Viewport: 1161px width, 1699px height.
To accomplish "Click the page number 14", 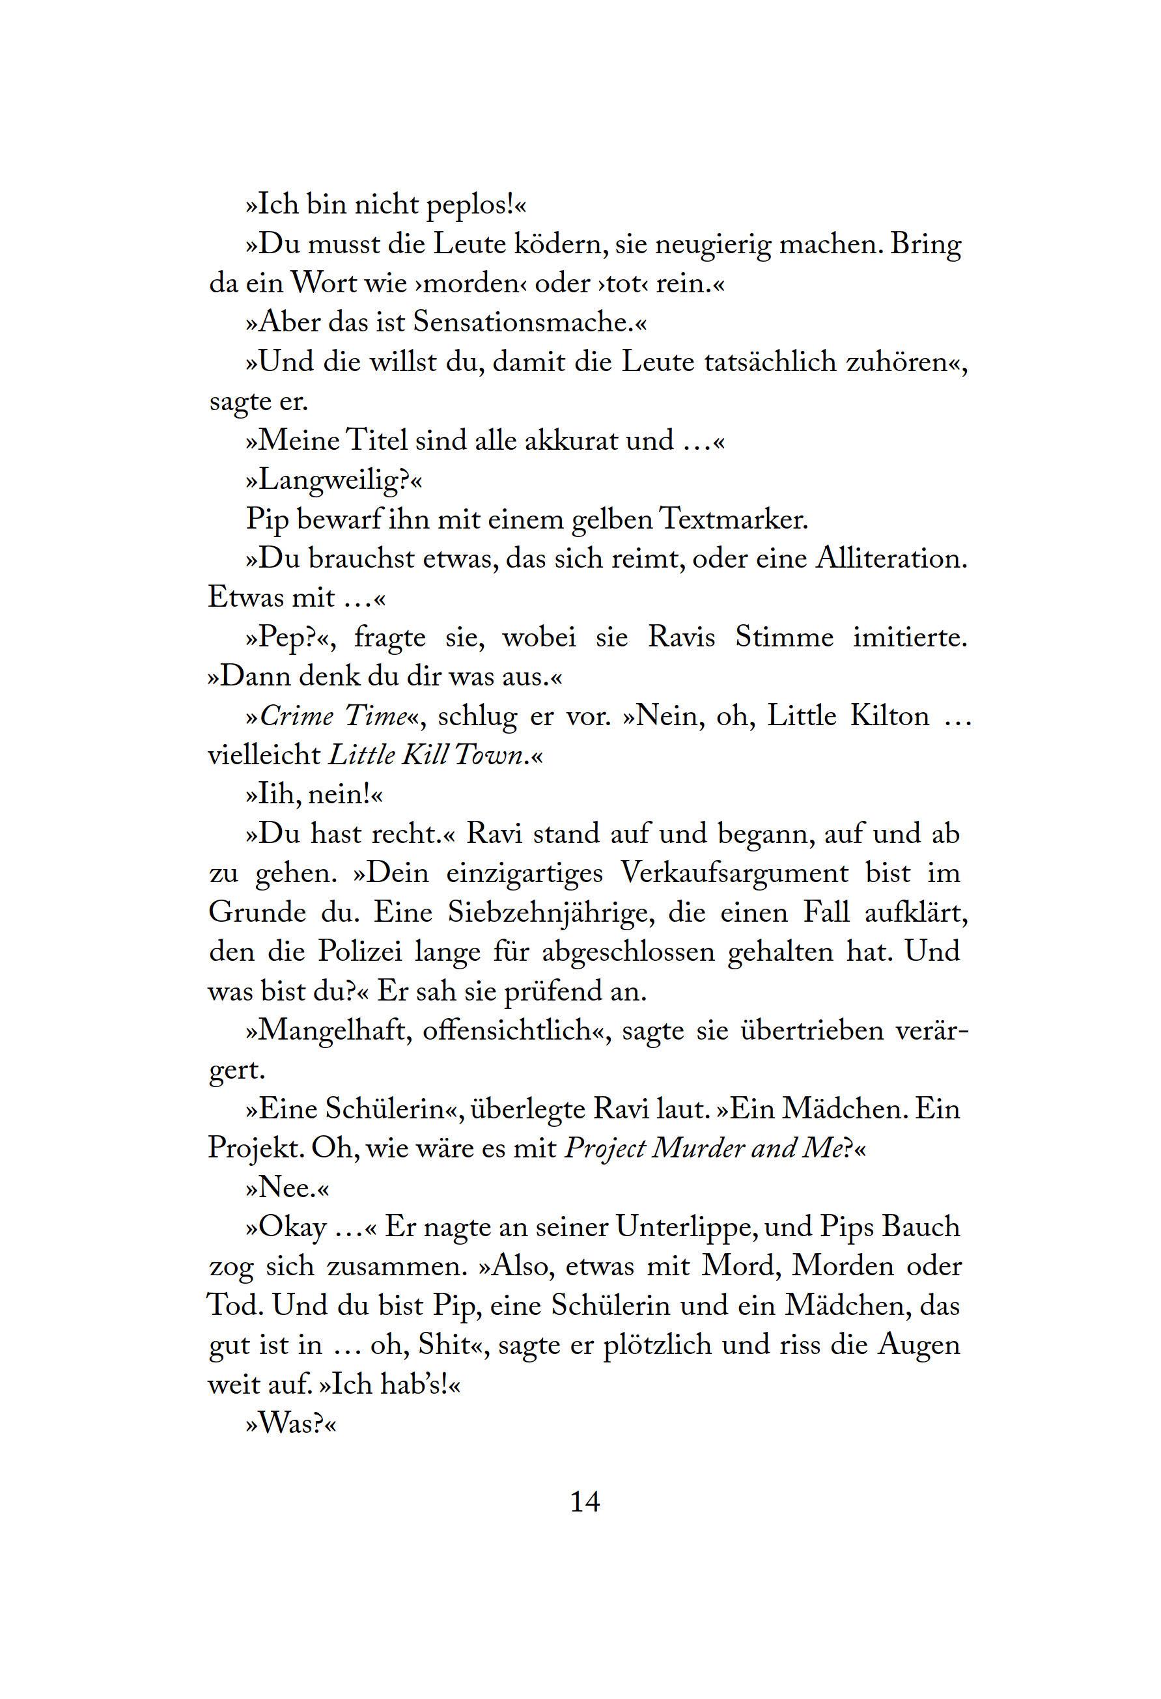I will tap(585, 1502).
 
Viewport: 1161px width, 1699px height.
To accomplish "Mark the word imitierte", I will tap(910, 637).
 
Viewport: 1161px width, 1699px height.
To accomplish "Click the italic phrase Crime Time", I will tap(333, 717).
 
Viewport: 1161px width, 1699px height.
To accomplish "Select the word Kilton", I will tap(889, 717).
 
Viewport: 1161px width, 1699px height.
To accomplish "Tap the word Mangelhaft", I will tap(333, 1032).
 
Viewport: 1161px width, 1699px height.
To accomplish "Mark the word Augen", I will tap(918, 1347).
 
